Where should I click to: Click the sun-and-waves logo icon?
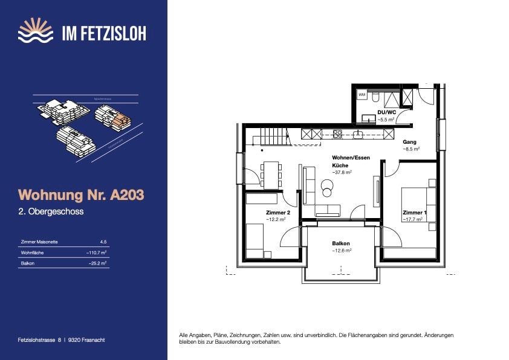pyautogui.click(x=36, y=31)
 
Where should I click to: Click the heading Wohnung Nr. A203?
pyautogui.click(x=82, y=195)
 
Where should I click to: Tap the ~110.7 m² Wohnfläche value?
pyautogui.click(x=97, y=252)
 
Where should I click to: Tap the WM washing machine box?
pyautogui.click(x=362, y=95)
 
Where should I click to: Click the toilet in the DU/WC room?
pyautogui.click(x=375, y=96)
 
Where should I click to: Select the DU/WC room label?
pyautogui.click(x=386, y=113)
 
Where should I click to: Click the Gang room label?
pyautogui.click(x=409, y=142)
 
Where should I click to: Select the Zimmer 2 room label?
pyautogui.click(x=278, y=213)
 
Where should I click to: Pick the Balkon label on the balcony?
pyautogui.click(x=341, y=244)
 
